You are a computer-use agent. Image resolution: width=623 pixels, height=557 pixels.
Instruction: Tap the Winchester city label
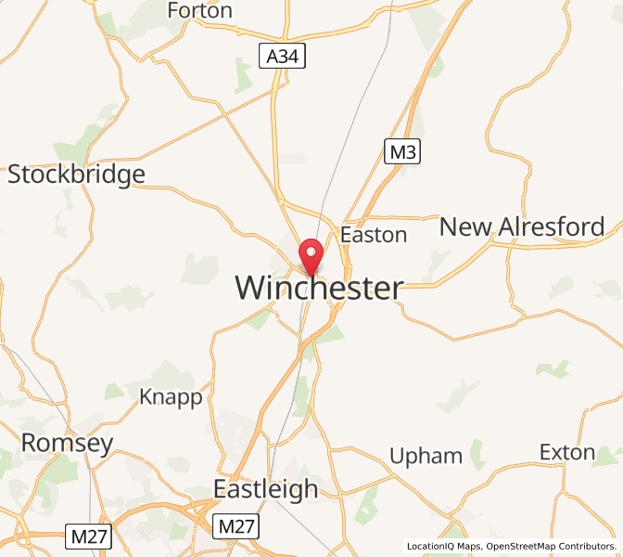(319, 289)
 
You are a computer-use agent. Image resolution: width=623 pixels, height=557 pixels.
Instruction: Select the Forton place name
(200, 11)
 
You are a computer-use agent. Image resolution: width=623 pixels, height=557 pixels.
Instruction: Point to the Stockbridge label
(76, 175)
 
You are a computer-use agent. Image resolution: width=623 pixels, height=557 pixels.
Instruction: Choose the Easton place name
(374, 235)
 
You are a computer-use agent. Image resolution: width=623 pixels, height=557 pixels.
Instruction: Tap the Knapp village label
(171, 397)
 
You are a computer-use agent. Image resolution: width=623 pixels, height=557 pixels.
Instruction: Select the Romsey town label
(67, 444)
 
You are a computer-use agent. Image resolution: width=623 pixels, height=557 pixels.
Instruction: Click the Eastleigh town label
(265, 489)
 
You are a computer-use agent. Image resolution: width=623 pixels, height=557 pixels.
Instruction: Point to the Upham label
(426, 456)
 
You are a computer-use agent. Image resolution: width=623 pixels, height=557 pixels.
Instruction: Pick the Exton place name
(567, 452)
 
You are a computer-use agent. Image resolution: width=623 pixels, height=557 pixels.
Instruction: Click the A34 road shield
(283, 58)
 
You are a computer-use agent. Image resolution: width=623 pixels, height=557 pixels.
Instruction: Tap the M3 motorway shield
(402, 151)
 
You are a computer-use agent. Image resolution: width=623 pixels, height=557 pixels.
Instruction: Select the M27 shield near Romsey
(88, 536)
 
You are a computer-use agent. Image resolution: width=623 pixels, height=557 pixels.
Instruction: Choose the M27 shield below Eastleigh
(236, 526)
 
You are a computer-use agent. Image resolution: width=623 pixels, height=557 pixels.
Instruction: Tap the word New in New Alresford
(465, 227)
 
